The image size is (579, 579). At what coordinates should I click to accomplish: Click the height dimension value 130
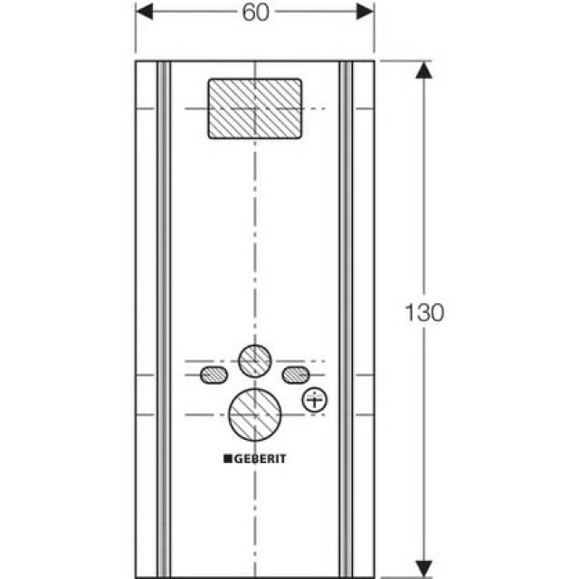(x=425, y=312)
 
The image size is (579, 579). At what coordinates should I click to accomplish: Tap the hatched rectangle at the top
(x=255, y=109)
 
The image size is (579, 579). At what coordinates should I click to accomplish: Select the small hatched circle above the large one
(x=255, y=360)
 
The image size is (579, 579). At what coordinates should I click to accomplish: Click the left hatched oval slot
(x=214, y=374)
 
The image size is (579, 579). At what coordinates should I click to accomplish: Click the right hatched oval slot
(x=295, y=374)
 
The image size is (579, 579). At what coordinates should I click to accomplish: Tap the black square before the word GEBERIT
(x=228, y=459)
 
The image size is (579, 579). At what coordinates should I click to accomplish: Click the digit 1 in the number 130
(x=409, y=312)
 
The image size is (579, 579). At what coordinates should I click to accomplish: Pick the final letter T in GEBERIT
(x=282, y=459)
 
